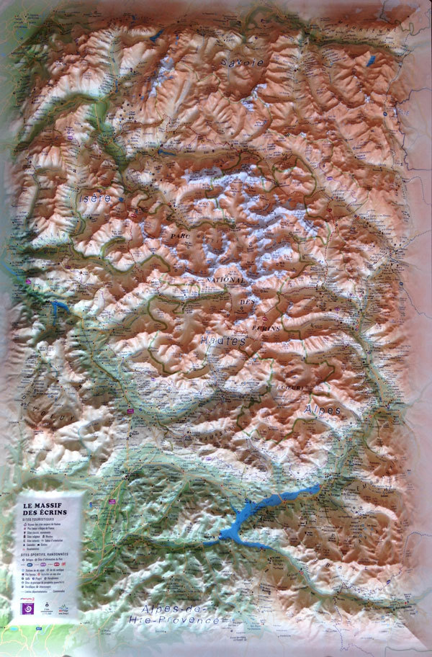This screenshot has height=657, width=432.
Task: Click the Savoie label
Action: coord(243,63)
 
